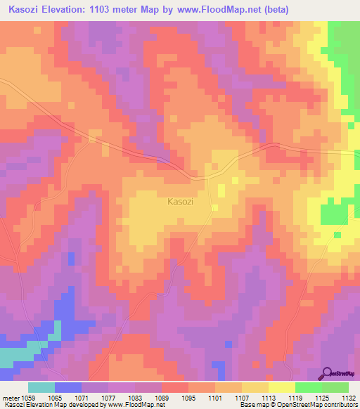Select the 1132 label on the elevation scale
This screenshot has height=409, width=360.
pos(349,398)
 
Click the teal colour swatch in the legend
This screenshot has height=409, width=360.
pos(41,387)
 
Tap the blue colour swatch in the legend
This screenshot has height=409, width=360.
pos(68,387)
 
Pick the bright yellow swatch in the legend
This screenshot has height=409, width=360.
pos(281,387)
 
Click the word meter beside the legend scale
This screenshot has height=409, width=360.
pos(11,398)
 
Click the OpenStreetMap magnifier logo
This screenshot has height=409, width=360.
pos(328,373)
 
